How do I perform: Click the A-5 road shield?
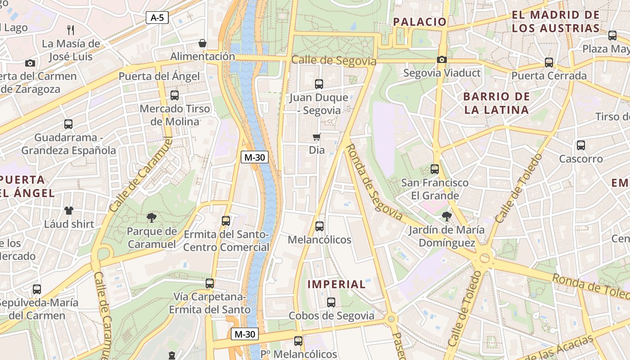coord(157,18)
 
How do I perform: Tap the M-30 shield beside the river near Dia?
coord(255,157)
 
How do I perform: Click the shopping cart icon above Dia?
coord(317,137)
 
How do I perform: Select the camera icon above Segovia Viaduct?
coord(442,60)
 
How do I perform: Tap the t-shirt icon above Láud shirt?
coord(69,210)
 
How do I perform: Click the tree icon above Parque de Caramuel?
coord(151,218)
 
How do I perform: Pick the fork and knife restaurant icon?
coord(71,30)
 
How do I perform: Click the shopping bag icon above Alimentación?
coord(202,43)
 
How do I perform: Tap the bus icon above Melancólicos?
coord(319,226)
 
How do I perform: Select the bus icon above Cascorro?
coord(581,145)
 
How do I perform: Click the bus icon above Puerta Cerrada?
coord(549,63)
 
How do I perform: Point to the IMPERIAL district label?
coord(337,284)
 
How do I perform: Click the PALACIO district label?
coord(420,22)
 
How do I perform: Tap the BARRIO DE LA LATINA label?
coord(496,103)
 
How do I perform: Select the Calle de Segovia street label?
coord(333,60)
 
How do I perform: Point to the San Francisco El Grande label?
coord(435,189)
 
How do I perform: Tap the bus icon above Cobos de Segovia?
coord(331,302)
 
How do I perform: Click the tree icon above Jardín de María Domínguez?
coord(447,216)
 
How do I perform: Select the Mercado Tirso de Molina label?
coord(175,115)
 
